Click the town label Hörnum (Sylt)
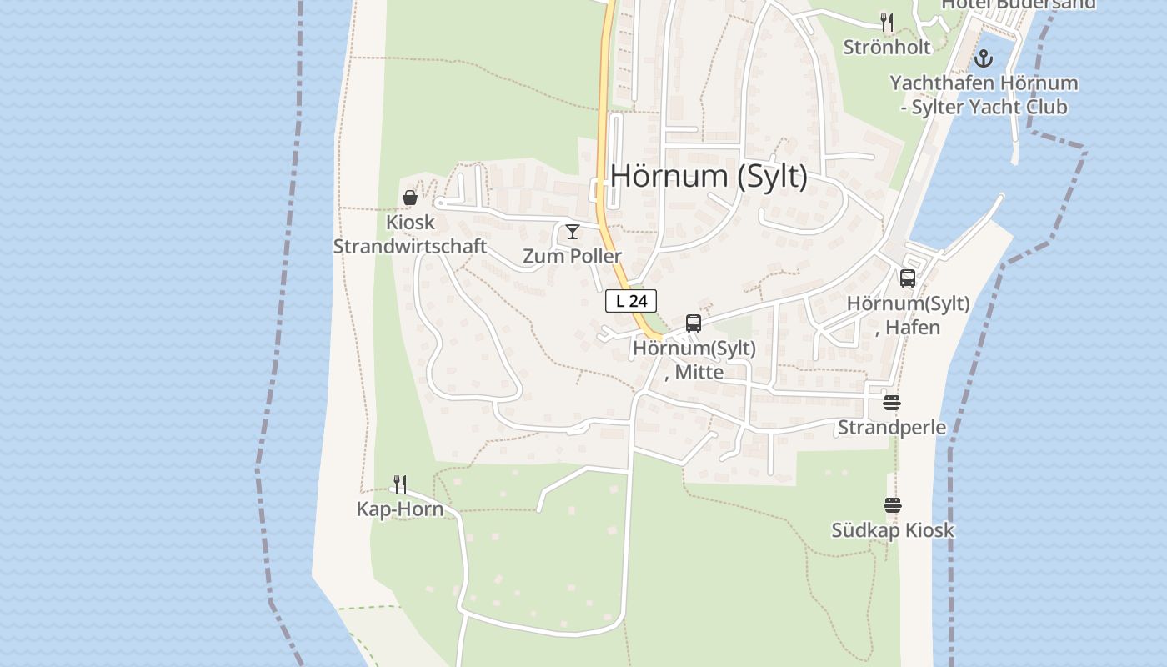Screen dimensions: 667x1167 (x=709, y=177)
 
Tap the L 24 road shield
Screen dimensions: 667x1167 (x=631, y=302)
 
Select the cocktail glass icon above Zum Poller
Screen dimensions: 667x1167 (x=573, y=232)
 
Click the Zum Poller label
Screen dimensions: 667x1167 (x=572, y=256)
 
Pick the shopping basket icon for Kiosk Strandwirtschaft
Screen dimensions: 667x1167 (x=410, y=198)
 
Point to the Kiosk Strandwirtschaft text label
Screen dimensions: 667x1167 (x=410, y=235)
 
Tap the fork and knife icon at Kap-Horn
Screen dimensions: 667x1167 (x=400, y=484)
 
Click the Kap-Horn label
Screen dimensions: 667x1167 (x=400, y=509)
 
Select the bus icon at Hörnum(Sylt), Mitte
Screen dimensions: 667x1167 (x=693, y=323)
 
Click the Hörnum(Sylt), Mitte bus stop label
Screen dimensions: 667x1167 (x=694, y=359)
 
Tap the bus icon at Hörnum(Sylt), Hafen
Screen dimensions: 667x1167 (x=908, y=278)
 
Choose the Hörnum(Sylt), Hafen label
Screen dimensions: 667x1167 (x=908, y=315)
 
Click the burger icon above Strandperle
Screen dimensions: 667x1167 (x=892, y=404)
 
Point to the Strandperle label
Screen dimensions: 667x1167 (x=892, y=428)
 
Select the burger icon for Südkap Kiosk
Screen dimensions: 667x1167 (x=893, y=505)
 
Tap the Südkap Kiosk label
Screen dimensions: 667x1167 (x=893, y=530)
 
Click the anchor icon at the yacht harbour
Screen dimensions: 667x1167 (x=984, y=58)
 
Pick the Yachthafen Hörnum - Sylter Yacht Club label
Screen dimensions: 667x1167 (x=984, y=95)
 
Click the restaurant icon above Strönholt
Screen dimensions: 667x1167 (x=887, y=23)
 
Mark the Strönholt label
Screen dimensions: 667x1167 (x=887, y=47)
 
